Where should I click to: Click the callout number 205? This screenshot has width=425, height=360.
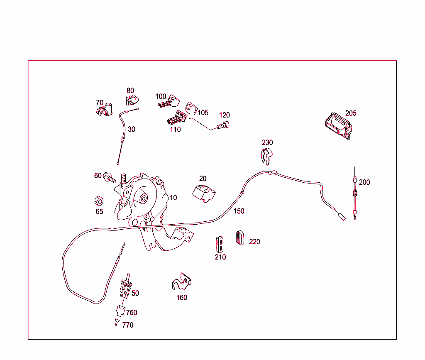(351, 113)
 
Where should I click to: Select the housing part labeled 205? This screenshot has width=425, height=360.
(339, 126)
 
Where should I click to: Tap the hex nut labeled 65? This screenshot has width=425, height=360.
(99, 201)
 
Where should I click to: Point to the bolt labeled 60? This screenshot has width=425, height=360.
(110, 178)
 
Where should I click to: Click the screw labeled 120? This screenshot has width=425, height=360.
(223, 125)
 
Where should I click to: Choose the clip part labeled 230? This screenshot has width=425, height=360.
(267, 157)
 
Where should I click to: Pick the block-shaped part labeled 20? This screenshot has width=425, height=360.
(204, 193)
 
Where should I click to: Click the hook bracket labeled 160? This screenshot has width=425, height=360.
(182, 282)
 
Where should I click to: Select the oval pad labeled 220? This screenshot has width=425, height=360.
(240, 238)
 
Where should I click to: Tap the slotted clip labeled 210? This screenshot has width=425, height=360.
(220, 244)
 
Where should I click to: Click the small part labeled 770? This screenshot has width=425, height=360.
(117, 322)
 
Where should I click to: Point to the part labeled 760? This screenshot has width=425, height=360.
(120, 311)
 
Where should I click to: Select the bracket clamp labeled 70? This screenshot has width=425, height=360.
(105, 110)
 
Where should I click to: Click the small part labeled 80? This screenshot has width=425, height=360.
(132, 100)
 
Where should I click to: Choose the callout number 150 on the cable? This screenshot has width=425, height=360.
(239, 211)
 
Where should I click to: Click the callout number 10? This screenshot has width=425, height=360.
(173, 198)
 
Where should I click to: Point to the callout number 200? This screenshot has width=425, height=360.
(364, 182)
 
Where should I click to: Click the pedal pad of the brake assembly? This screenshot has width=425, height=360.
(184, 234)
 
